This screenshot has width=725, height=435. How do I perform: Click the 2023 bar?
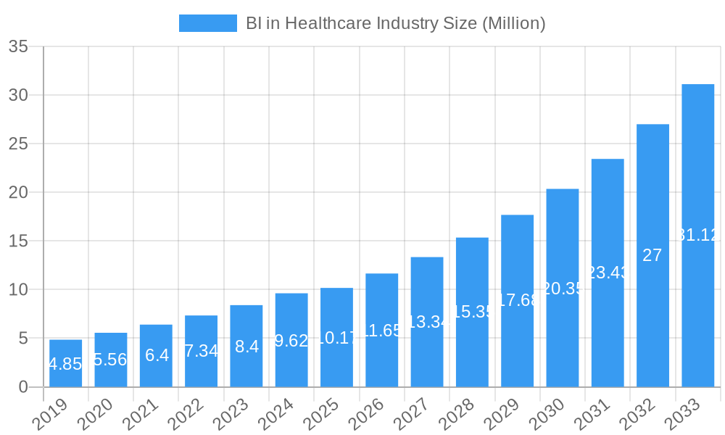point(246,346)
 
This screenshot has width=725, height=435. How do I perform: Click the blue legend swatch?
point(207,23)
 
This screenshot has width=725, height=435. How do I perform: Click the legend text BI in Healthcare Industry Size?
point(395,23)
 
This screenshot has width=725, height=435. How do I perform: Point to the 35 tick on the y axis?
point(18,47)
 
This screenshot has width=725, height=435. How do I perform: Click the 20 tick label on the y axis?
point(18,193)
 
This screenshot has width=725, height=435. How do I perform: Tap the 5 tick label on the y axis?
point(23,339)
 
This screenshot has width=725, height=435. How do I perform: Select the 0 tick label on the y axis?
point(23,387)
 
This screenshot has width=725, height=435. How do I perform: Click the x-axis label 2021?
point(141,415)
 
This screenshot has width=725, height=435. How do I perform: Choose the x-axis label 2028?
point(457,415)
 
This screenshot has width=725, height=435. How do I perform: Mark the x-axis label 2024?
point(277,415)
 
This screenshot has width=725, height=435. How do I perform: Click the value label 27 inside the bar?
point(652,255)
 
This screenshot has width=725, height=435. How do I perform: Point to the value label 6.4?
point(156,355)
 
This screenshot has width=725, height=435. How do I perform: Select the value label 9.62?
point(291,341)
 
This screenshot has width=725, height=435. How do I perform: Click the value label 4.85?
point(65,364)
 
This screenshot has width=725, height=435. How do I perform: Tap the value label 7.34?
point(201,351)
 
